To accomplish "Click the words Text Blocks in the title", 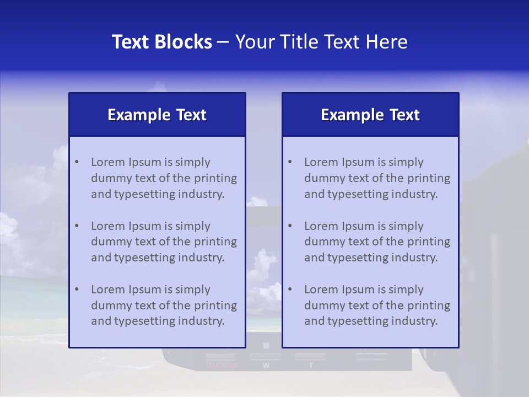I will (162, 42).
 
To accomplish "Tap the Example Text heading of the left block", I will (157, 115).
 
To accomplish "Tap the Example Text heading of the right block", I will (370, 115).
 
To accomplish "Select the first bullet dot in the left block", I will (77, 162).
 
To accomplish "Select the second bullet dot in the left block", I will (77, 226).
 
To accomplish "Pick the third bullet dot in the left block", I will (77, 289).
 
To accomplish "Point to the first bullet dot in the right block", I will (290, 162).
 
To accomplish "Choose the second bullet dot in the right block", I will (290, 226).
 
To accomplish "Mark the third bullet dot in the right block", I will (290, 289).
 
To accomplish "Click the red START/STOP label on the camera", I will (221, 365).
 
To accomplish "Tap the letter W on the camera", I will (266, 365).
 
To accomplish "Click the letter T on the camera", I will (311, 365).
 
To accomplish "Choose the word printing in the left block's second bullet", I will (217, 242).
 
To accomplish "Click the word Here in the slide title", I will (390, 42).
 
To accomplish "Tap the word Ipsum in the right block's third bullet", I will (358, 289).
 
